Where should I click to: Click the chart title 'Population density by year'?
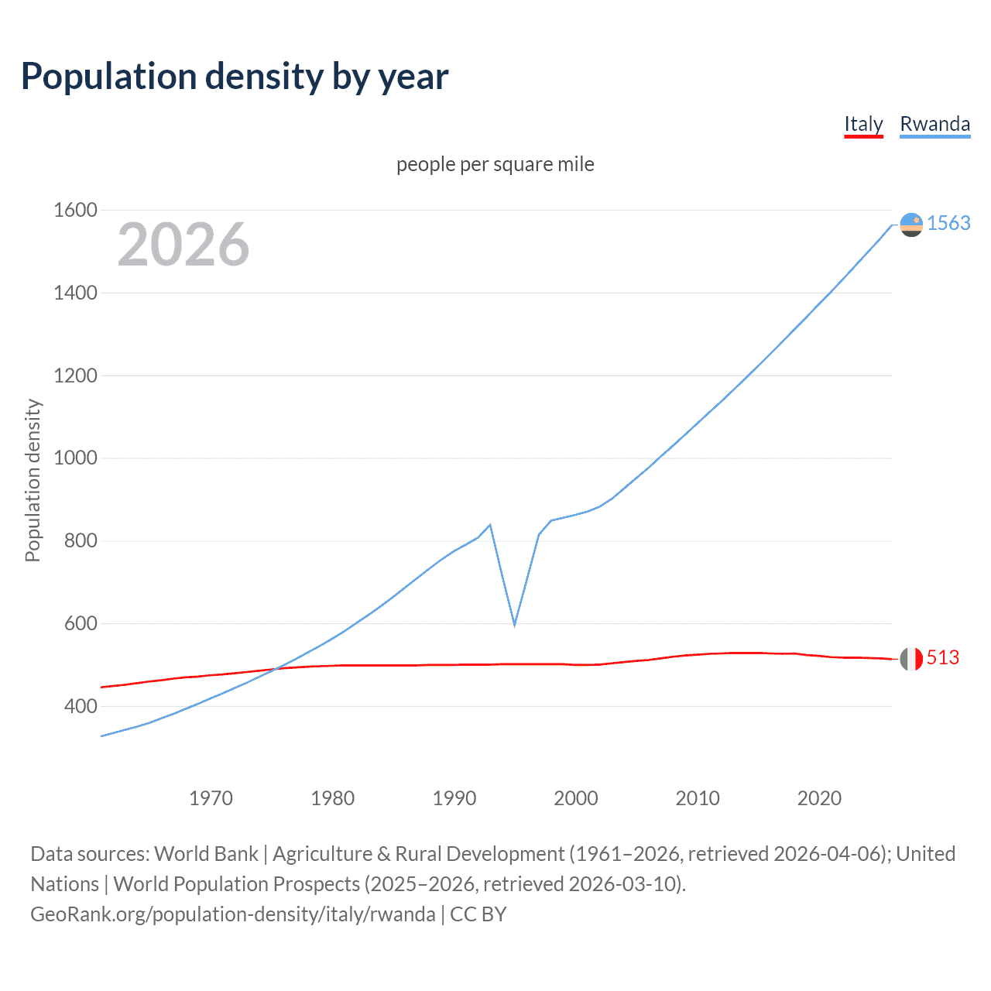coord(235,77)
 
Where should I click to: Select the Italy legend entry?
coord(863,124)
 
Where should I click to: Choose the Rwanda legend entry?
coord(934,124)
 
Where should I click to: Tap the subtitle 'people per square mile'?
coord(495,164)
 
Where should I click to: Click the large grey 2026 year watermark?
coord(183,245)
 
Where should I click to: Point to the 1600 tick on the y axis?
coord(75,210)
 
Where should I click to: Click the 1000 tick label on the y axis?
coord(75,458)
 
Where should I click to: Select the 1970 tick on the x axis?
coord(211,798)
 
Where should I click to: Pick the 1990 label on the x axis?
coord(454,798)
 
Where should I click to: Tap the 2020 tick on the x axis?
coord(819,798)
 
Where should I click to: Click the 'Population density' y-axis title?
coord(33,480)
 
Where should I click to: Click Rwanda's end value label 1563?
coord(948,223)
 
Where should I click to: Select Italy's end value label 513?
coord(942,657)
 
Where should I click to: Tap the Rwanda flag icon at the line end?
coord(911,225)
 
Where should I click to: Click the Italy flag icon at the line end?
coord(911,659)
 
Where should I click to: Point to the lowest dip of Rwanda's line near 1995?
coord(514,624)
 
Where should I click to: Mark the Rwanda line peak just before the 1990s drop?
coord(490,525)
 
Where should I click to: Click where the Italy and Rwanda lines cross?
coord(276,669)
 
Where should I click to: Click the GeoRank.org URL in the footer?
coord(233,914)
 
